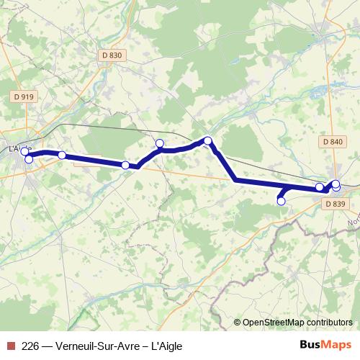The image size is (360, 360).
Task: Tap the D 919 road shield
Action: coord(22,96)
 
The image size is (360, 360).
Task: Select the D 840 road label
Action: coord(333,142)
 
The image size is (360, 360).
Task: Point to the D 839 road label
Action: coord(336,204)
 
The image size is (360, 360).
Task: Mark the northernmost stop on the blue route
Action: coord(207,141)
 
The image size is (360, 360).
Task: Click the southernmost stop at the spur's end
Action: coord(281,202)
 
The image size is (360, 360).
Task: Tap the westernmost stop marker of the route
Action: coord(24,151)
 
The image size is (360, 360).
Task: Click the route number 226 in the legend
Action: coord(30,346)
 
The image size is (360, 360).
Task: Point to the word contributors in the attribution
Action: coord(328,323)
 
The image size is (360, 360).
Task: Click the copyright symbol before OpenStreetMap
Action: coord(238,323)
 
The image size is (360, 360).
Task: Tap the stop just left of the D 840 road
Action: coord(320,188)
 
